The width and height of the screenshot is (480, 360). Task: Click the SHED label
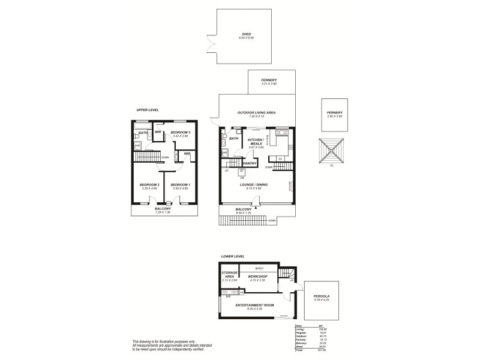tap(247, 34)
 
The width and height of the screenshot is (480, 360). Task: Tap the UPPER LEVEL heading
tap(146, 110)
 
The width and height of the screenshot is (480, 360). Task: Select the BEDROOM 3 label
tap(180, 132)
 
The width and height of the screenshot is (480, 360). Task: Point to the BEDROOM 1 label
tap(180, 185)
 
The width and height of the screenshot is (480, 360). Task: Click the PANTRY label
tap(250, 163)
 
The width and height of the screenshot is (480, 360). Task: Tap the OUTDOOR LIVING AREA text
tap(256, 112)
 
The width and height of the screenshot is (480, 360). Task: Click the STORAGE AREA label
tap(230, 275)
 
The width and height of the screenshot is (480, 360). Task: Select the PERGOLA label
tap(322, 296)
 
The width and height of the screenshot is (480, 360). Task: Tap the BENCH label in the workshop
tap(259, 268)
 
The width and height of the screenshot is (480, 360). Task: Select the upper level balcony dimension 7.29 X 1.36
tap(163, 212)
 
